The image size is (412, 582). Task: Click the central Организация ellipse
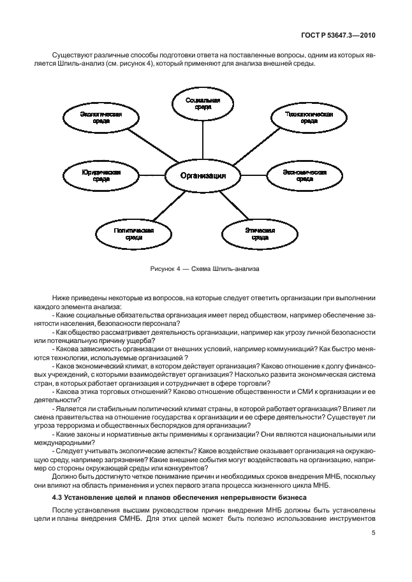coord(202,175)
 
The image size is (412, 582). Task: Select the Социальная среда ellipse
coord(203,104)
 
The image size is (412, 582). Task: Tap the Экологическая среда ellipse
coord(101,118)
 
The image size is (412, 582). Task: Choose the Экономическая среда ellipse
coord(305,175)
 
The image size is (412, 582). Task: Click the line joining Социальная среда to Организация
coord(203,141)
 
